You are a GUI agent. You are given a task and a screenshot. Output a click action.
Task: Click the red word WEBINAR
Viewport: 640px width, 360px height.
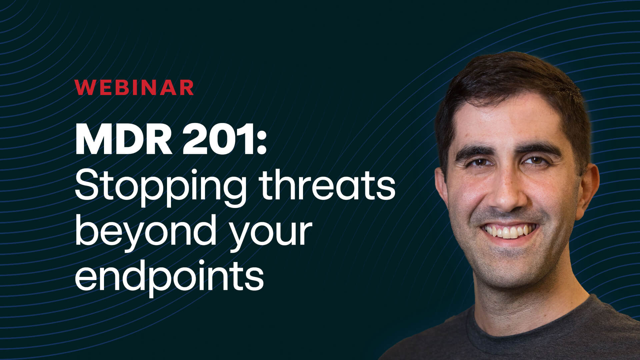click(x=134, y=87)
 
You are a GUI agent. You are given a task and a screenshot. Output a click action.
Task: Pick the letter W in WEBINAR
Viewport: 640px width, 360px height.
click(x=84, y=87)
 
